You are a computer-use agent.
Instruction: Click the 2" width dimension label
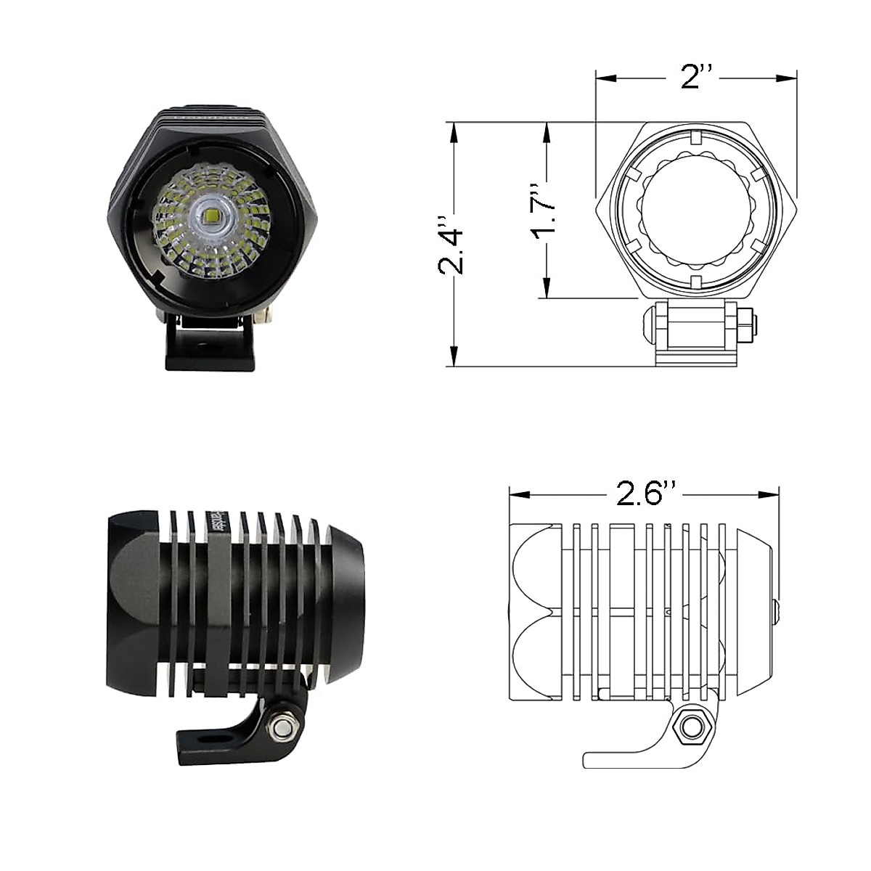click(698, 77)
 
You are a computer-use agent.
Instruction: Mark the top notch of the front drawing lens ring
click(695, 136)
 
